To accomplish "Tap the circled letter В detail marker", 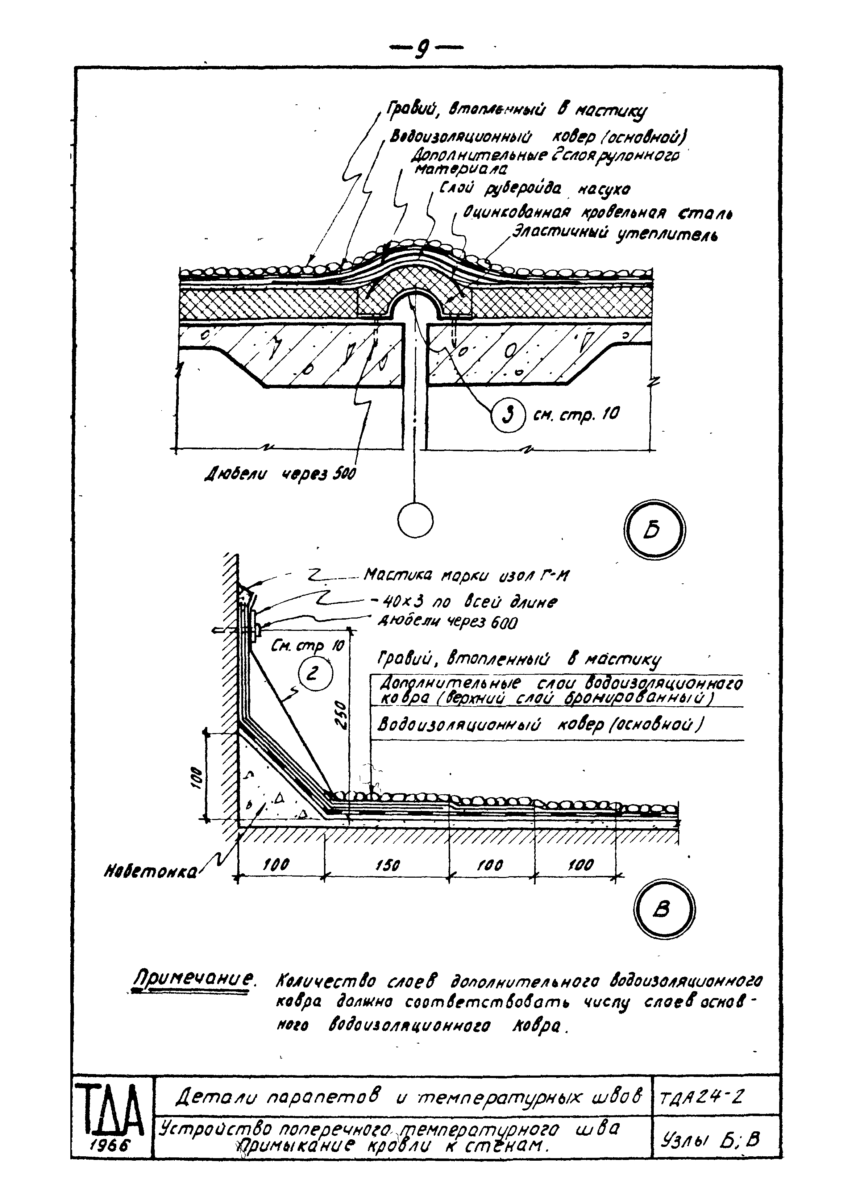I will point(664,908).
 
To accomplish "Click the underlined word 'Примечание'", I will point(193,980).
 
